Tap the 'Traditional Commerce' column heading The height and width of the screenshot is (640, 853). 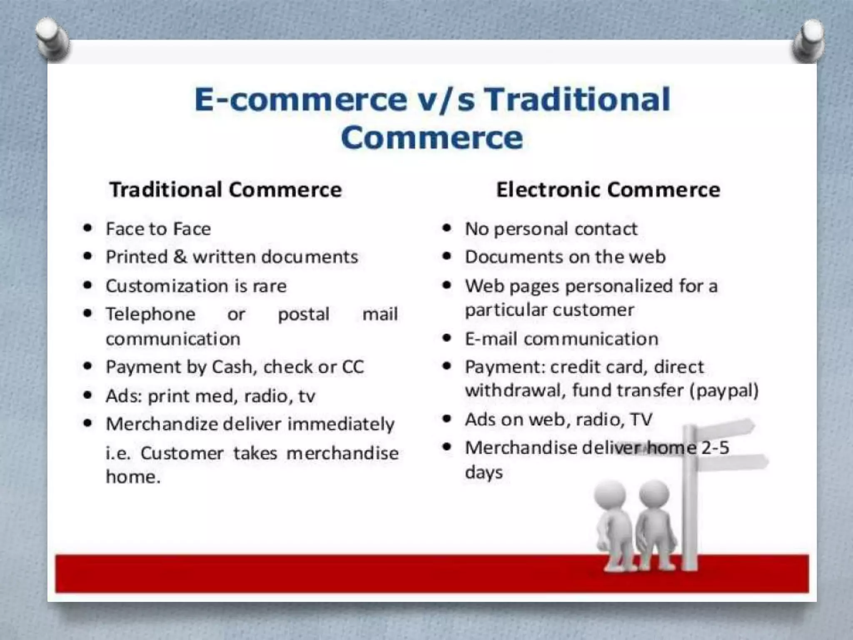pos(225,190)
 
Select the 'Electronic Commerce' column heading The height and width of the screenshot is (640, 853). pos(608,190)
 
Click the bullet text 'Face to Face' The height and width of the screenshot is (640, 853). pos(158,229)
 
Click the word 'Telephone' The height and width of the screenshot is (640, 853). pos(150,314)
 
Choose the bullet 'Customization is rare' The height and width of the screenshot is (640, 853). pos(196,286)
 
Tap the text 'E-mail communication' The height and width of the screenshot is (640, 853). pos(561,339)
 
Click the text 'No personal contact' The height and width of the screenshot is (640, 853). pos(551,229)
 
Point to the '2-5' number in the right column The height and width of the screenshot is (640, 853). pos(715,448)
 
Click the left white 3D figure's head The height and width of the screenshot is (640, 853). pos(609,496)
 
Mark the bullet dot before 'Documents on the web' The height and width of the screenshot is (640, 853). pos(447,256)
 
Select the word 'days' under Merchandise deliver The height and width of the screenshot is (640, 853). pos(484,472)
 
